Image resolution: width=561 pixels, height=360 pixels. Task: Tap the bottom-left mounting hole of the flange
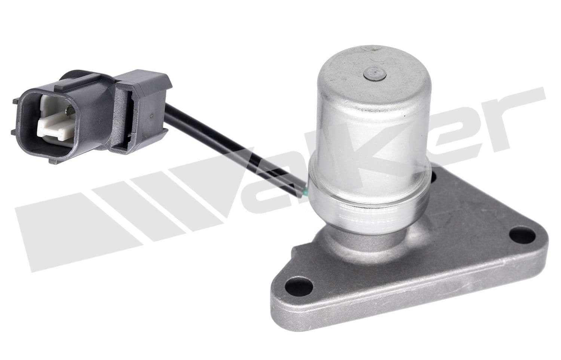(x=298, y=287)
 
